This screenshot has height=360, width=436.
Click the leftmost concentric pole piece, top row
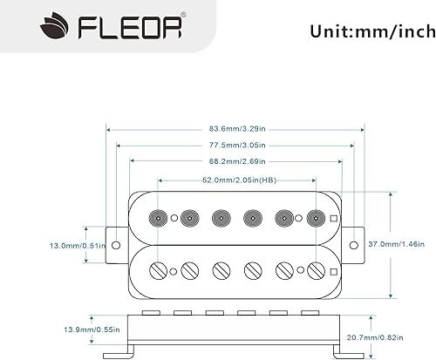coord(159,218)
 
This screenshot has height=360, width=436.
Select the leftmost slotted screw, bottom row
coord(159,269)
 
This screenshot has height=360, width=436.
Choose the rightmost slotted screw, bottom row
coord(317,269)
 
